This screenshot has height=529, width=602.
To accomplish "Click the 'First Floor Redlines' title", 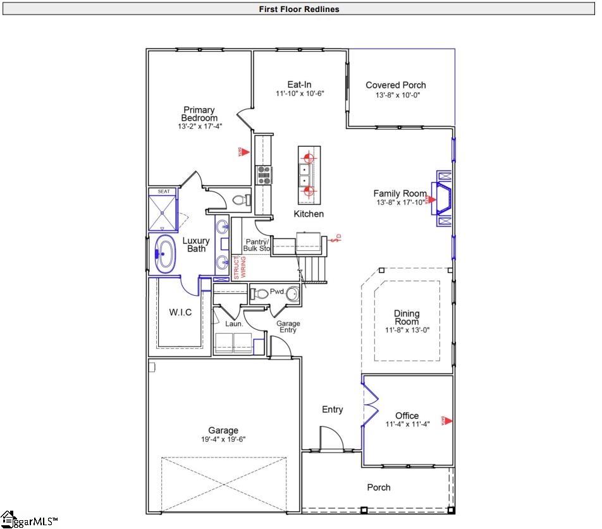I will coord(298,9).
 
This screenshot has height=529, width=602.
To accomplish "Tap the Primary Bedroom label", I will coord(199,114).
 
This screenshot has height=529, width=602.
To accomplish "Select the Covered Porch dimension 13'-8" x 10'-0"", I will coord(395,95).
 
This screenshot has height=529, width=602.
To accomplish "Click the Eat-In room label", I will coord(299,85).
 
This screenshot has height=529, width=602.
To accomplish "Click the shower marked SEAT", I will coord(163,211).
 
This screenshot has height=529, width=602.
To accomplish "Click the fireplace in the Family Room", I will coord(442,200).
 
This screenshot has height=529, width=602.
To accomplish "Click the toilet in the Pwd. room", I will coord(260,293).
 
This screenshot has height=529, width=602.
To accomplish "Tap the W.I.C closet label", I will coord(180,313).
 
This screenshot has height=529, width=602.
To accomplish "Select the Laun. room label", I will coord(234,324).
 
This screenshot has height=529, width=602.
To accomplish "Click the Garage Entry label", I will coord(288,327).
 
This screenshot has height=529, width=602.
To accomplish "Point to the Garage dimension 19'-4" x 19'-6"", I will coord(223,439).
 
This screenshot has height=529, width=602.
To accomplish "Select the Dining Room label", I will coord(407,317).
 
